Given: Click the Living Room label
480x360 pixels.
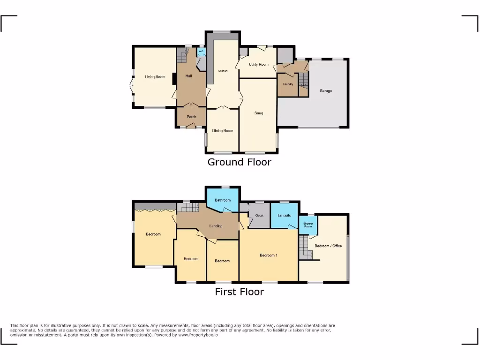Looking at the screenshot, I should (155, 77).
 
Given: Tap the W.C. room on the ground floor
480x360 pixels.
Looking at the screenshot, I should (201, 52).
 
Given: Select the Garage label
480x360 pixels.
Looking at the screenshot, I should (326, 90).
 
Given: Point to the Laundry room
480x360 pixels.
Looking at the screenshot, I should (288, 84).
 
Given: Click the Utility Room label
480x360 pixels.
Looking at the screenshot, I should (259, 64).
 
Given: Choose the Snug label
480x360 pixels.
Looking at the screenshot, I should (259, 113).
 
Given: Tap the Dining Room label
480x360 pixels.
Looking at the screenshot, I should (223, 131).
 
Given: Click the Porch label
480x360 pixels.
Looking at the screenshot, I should (191, 117).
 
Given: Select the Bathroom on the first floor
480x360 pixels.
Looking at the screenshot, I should (223, 200).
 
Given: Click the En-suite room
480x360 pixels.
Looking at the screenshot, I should (284, 215).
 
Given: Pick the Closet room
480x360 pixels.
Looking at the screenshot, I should (259, 216).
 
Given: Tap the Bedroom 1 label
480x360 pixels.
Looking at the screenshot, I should (269, 255).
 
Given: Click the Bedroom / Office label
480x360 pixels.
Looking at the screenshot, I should (328, 246).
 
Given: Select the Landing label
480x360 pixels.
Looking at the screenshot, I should (216, 226).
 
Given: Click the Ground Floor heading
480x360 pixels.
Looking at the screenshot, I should (240, 162).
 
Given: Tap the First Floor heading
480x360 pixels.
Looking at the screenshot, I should (240, 292).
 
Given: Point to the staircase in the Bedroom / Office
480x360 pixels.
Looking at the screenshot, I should (305, 247).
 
